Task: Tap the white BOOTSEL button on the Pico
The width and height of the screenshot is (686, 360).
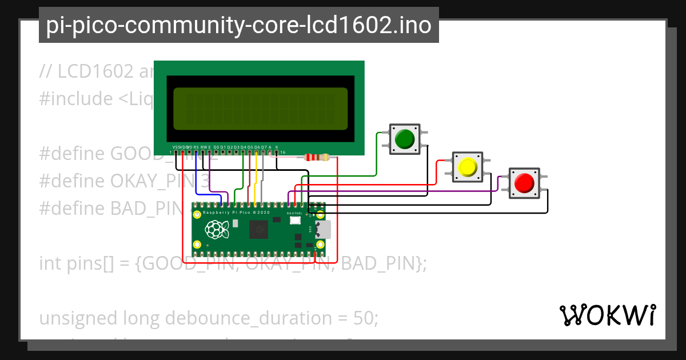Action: point(295,220)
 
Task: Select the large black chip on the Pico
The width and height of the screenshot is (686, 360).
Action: point(260,230)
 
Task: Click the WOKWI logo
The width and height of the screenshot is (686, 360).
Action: point(607,315)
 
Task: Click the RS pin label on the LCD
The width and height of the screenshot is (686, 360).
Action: point(196,147)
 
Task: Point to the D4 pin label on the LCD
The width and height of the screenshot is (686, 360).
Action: point(244,147)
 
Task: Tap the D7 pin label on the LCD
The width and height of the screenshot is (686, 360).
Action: point(264,147)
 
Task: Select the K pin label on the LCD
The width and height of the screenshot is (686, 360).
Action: point(277,147)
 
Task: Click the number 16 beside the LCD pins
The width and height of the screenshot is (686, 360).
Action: point(282,153)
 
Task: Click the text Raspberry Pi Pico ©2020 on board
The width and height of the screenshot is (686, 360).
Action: point(236,211)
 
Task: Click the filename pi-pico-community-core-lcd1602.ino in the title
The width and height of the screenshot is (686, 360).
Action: point(238,25)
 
